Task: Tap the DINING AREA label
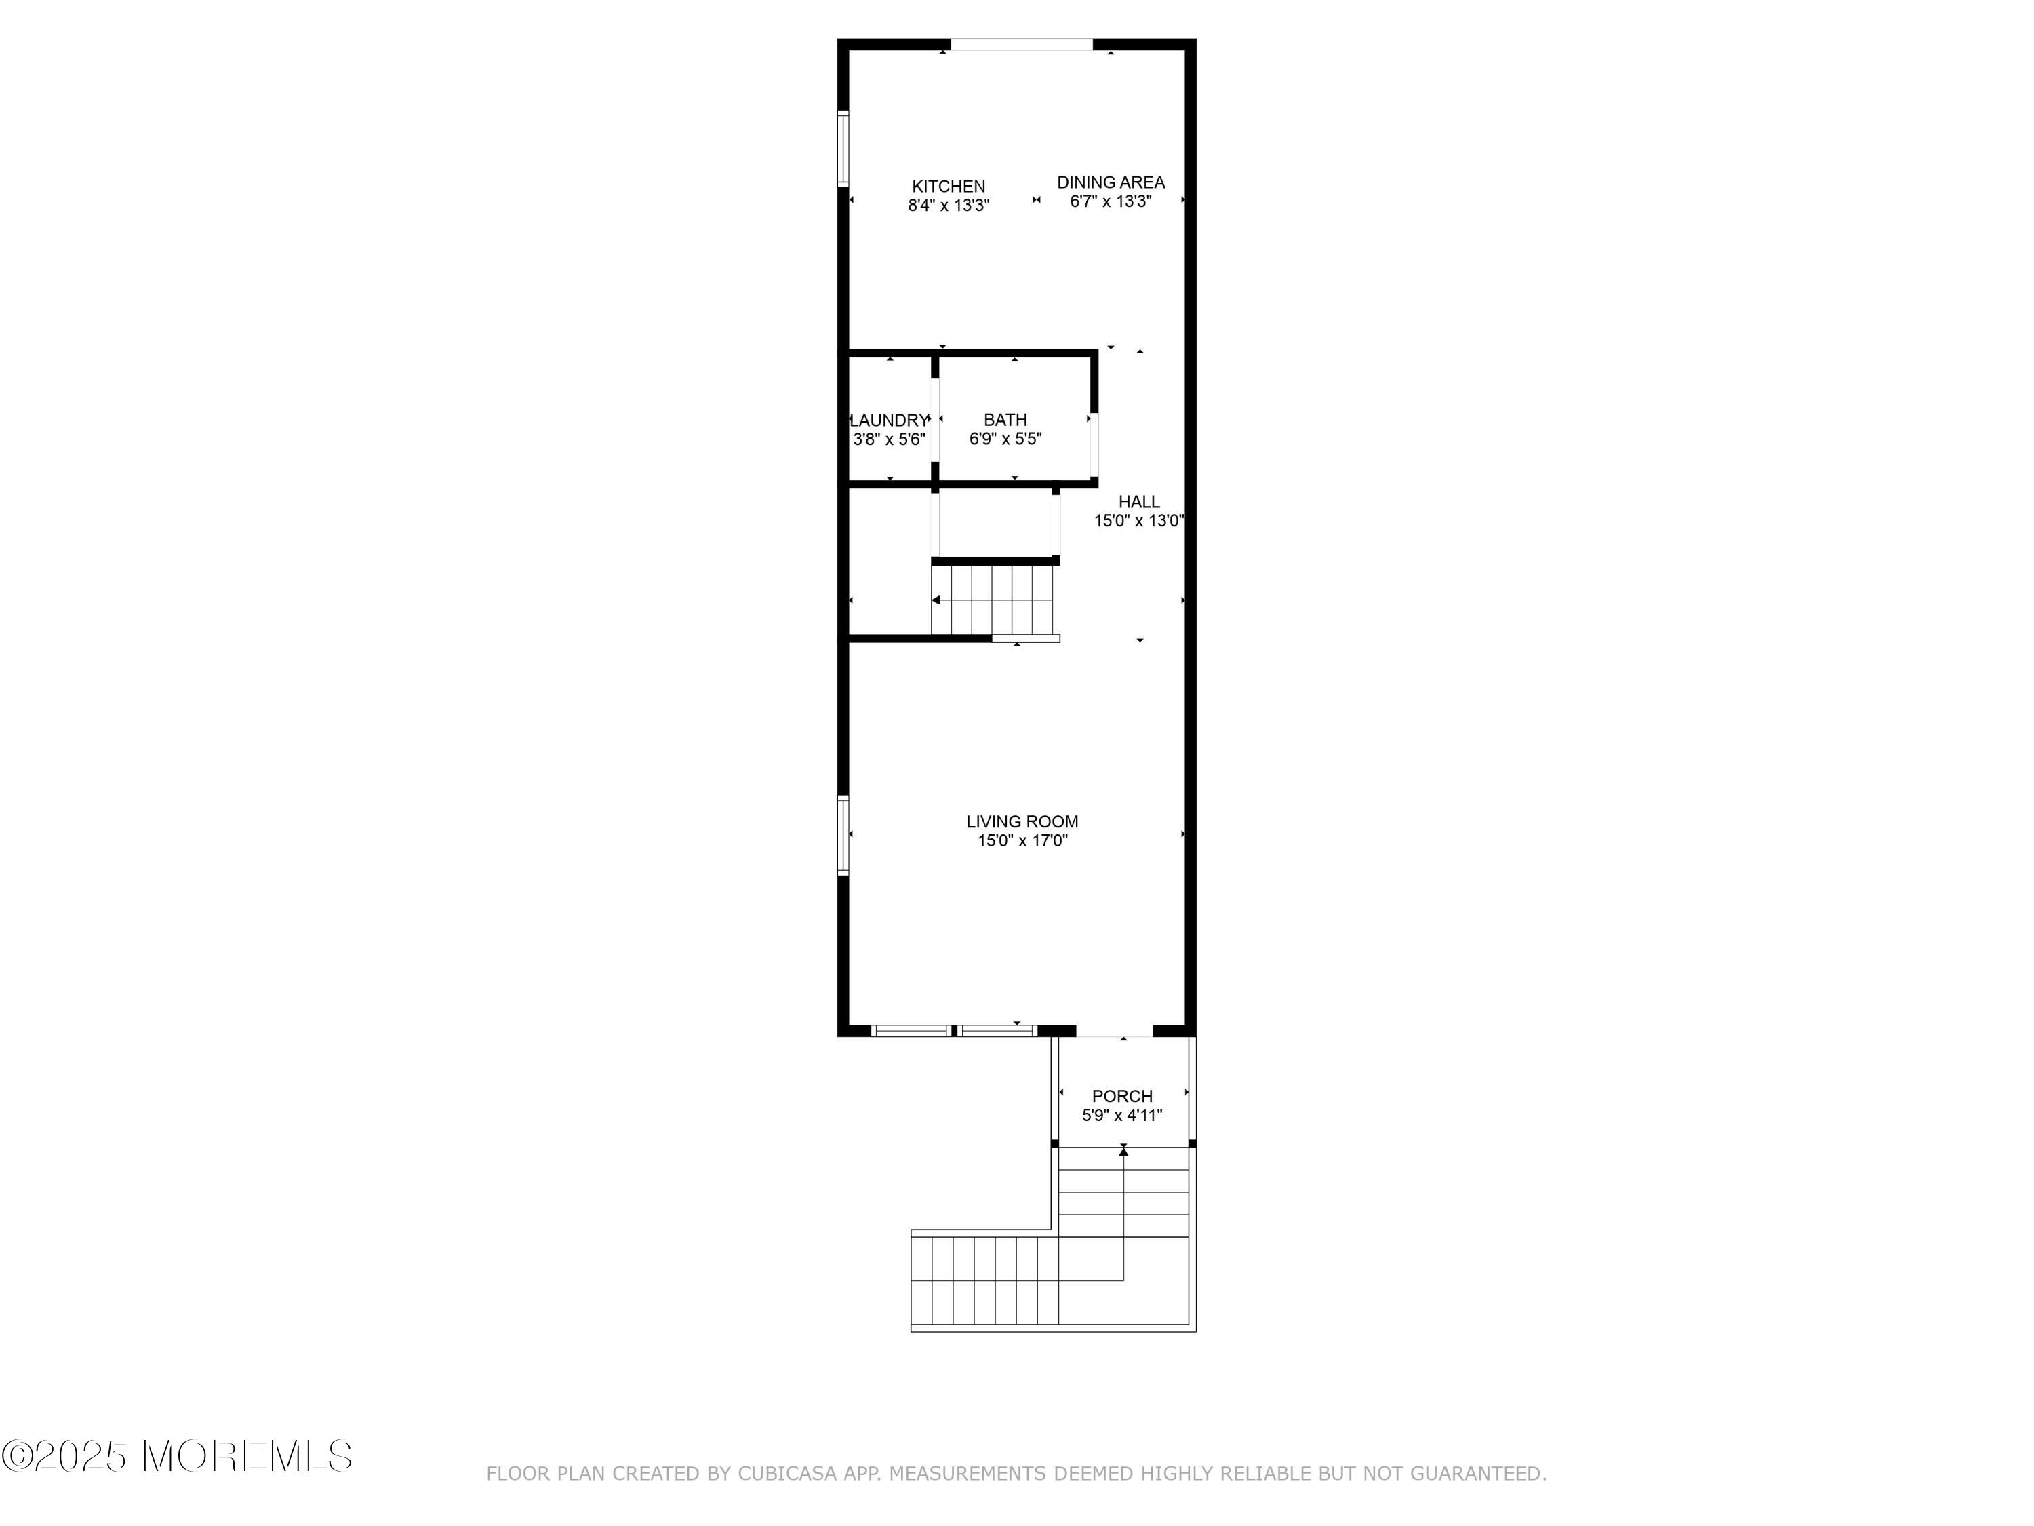click(1111, 182)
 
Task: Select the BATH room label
click(1005, 419)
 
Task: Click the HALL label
click(1138, 501)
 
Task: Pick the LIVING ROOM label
click(1022, 821)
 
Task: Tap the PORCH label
click(1122, 1097)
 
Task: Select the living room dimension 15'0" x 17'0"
click(1022, 841)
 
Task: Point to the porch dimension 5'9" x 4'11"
click(1122, 1116)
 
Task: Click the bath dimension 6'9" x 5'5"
click(1005, 439)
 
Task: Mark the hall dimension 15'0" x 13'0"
click(1138, 521)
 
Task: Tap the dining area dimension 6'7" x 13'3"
click(1111, 201)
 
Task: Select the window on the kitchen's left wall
click(842, 149)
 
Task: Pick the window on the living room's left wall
click(842, 834)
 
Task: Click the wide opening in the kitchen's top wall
click(1022, 44)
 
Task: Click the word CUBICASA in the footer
click(787, 1474)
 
